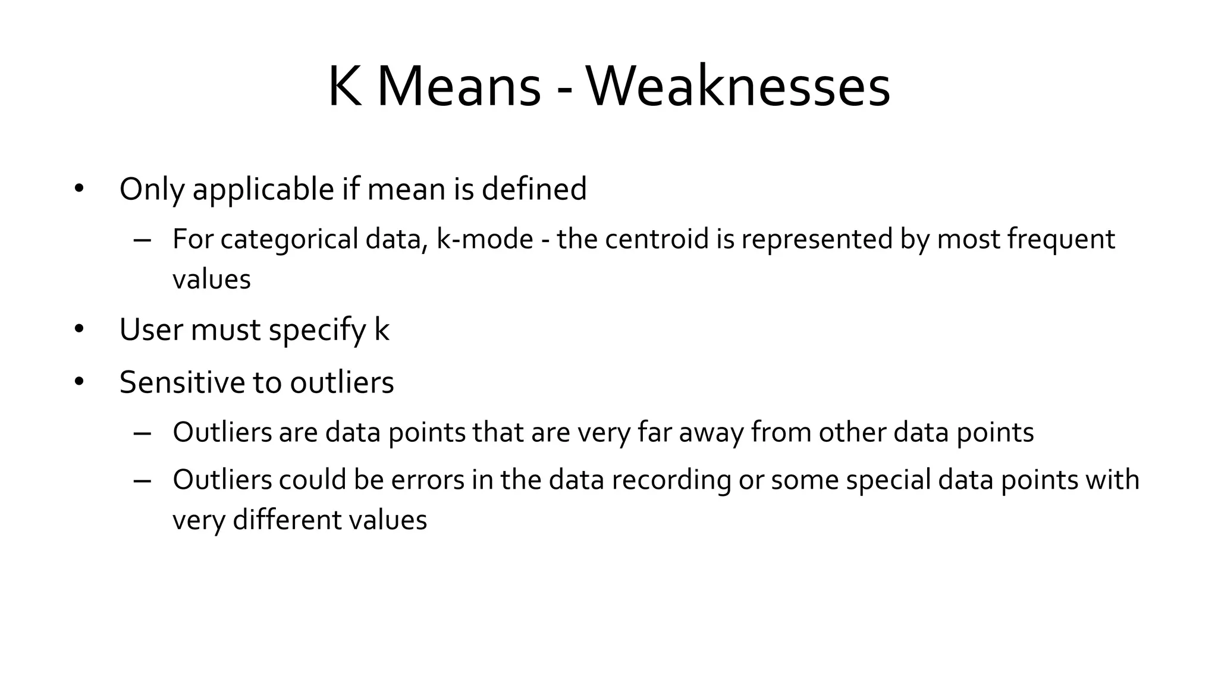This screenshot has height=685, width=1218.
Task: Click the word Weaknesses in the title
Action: [x=738, y=87]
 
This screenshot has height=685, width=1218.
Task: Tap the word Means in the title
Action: [x=459, y=87]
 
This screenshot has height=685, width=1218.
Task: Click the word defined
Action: [x=533, y=189]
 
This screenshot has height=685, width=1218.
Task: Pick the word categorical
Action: [x=289, y=240]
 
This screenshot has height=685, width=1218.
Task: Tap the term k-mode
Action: [x=485, y=240]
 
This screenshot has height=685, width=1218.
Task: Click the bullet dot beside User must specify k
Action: [x=79, y=329]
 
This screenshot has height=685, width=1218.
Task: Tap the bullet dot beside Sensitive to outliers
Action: [x=79, y=382]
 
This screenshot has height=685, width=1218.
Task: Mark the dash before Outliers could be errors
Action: [x=142, y=481]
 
